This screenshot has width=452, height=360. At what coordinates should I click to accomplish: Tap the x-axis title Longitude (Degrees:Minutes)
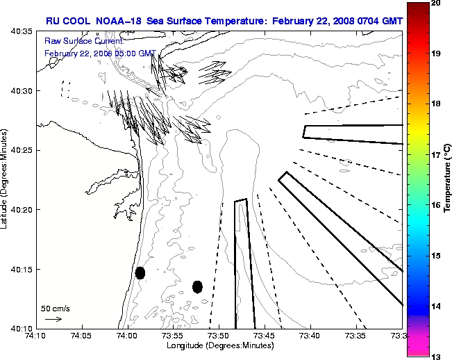click(x=218, y=345)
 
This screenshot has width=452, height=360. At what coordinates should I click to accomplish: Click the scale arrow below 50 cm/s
click(x=53, y=319)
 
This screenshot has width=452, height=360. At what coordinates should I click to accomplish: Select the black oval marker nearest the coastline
click(x=140, y=272)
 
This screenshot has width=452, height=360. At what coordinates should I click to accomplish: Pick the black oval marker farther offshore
click(x=197, y=286)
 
